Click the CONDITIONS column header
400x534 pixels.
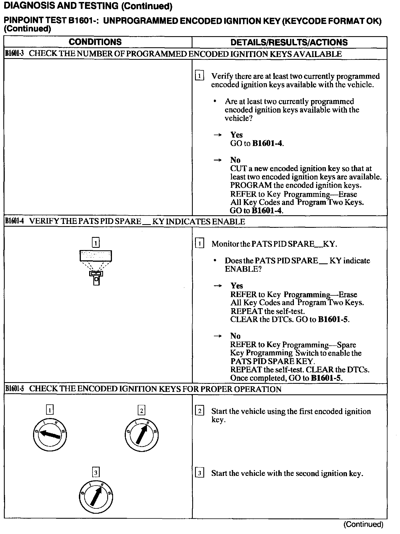pos(95,42)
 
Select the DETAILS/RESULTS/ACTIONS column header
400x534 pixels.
pos(289,42)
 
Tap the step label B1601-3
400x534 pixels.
pos(14,54)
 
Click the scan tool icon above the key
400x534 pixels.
pos(96,256)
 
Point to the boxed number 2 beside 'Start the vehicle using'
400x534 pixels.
pos(199,411)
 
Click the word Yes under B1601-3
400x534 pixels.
pos(236,135)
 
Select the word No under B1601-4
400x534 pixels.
pos(235,336)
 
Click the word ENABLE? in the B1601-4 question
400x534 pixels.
pos(243,269)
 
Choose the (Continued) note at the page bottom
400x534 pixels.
pos(363,524)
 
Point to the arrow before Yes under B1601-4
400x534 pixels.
pos(217,286)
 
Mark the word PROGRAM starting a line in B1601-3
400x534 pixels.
pos(251,185)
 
